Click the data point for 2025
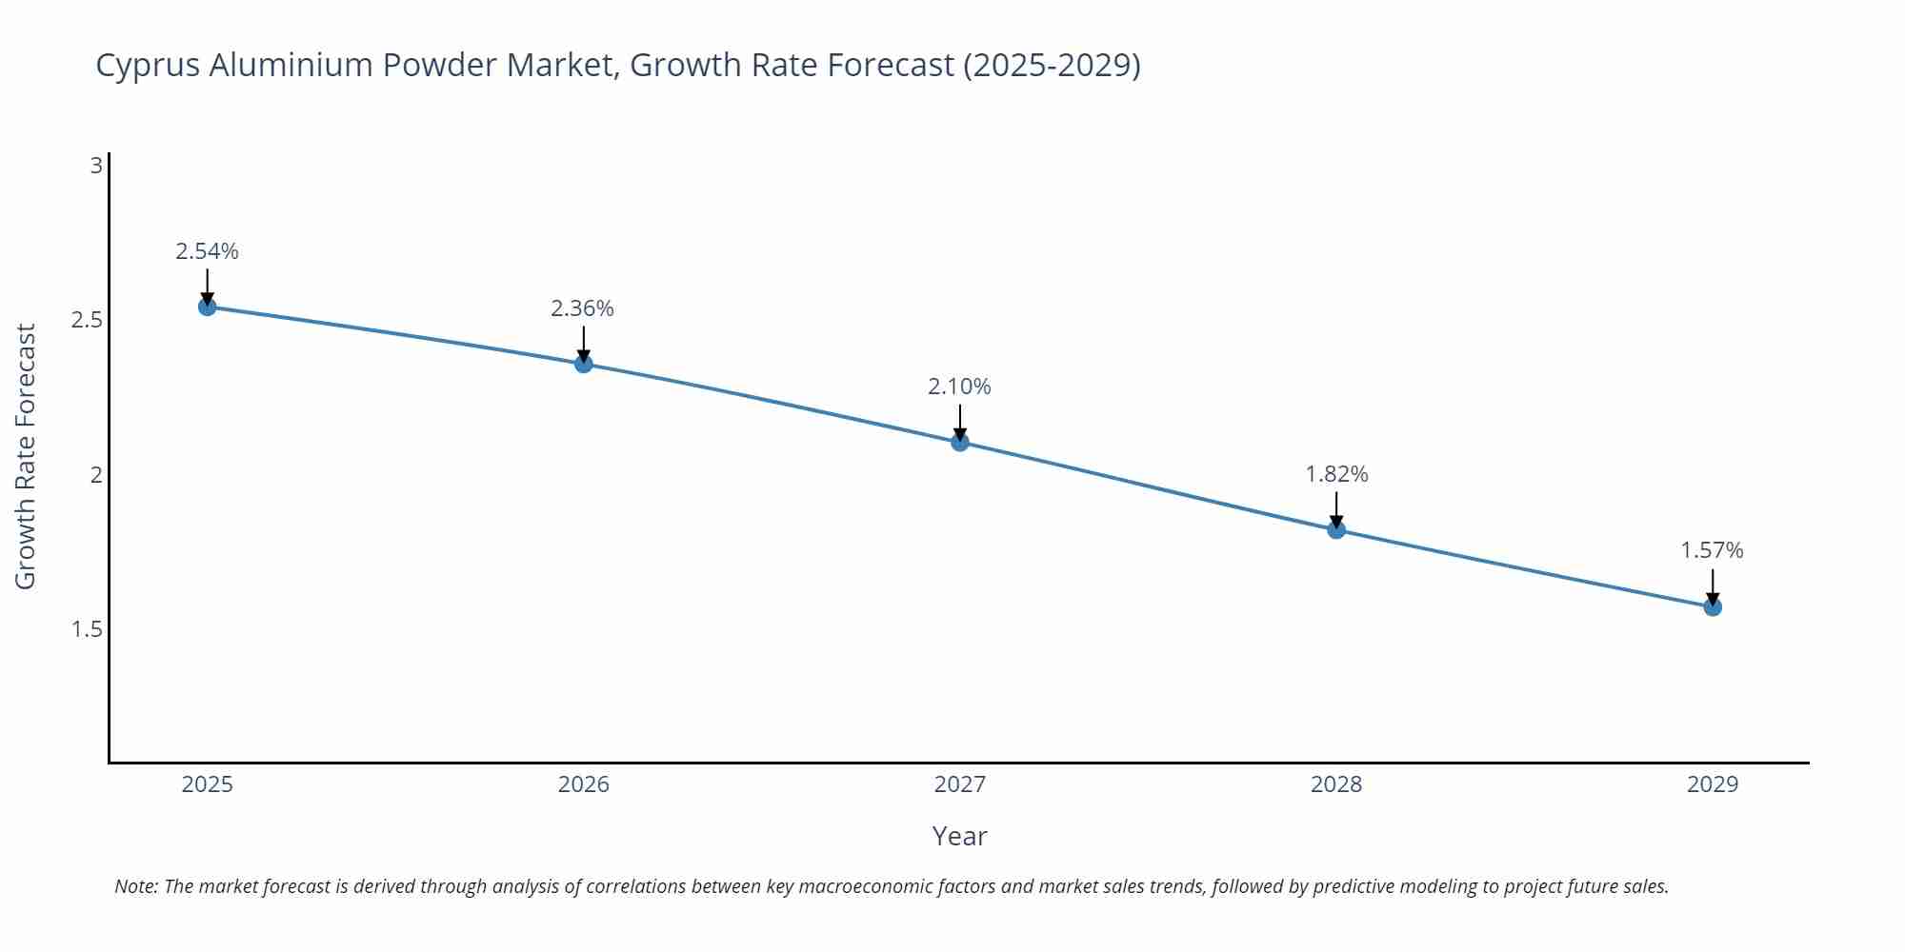point(207,307)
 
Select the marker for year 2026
point(584,364)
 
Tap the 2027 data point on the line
point(960,442)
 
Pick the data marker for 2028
point(1336,529)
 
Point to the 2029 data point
point(1713,606)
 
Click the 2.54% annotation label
point(207,251)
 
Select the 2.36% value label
point(582,308)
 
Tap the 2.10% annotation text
point(959,387)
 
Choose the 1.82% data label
point(1336,474)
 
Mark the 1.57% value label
point(1712,550)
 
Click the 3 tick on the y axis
point(96,166)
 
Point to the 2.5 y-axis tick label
point(87,320)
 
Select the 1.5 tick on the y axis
point(87,629)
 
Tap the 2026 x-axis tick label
point(584,784)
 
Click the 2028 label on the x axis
point(1336,784)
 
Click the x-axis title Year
point(959,836)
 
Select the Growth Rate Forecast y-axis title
point(26,457)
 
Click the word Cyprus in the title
point(148,66)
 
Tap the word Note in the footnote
point(134,886)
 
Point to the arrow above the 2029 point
point(1713,585)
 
